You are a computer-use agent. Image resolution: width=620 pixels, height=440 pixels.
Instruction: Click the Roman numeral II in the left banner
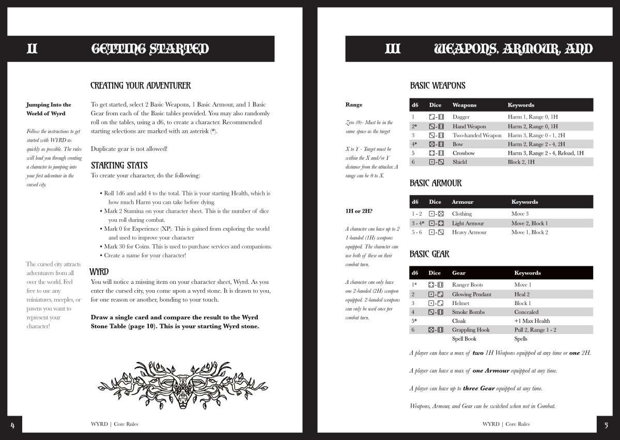[32, 49]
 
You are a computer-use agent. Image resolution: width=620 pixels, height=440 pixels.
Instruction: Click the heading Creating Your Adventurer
[141, 86]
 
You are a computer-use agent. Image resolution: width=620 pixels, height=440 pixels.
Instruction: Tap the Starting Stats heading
[119, 165]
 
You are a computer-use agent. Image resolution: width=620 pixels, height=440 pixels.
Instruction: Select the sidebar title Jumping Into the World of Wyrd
[49, 109]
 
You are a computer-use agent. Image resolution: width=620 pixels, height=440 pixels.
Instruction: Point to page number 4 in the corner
[12, 425]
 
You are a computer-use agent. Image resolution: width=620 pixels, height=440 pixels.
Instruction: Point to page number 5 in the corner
[606, 425]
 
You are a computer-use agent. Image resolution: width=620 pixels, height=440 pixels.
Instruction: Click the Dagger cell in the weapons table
[461, 117]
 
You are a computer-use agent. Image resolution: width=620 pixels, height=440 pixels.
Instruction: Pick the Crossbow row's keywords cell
[545, 153]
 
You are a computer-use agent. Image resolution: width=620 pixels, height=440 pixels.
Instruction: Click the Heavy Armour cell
[469, 232]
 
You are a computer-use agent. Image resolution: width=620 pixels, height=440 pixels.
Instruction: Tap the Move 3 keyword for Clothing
[520, 214]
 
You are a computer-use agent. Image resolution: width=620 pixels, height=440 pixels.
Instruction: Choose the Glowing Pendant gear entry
[471, 294]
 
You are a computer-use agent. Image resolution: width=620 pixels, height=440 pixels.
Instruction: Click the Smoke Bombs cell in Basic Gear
[468, 312]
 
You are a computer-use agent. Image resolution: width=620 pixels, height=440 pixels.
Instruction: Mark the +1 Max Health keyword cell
[532, 321]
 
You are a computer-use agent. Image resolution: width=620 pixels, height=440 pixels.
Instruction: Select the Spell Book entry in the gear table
[464, 339]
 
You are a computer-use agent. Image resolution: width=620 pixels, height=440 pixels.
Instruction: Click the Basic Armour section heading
[436, 183]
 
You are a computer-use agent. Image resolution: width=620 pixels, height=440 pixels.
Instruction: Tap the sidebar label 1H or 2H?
[359, 211]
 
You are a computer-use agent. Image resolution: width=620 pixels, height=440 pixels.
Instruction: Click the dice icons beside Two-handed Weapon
[436, 135]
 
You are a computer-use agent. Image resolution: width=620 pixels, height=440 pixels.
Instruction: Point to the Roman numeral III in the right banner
[393, 49]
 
